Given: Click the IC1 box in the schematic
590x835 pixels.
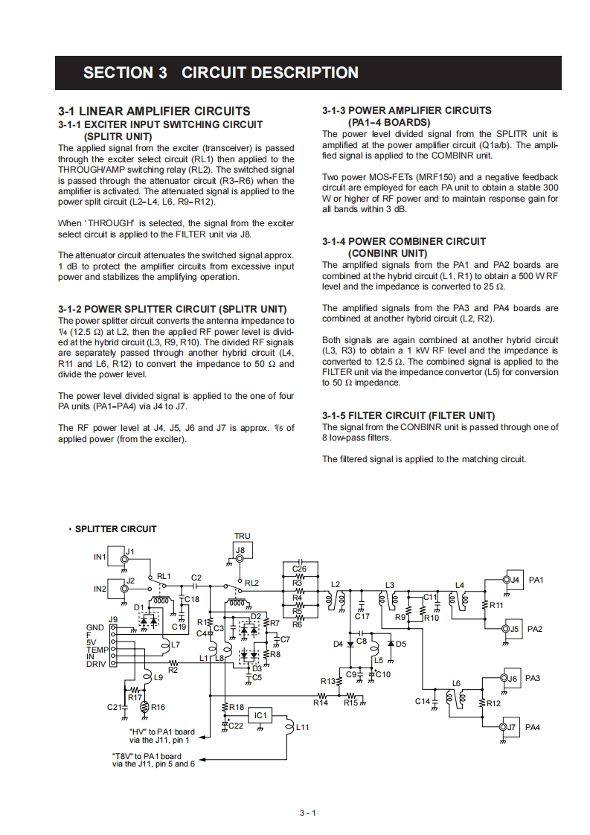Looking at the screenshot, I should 260,715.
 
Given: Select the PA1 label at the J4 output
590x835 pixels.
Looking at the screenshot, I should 536,579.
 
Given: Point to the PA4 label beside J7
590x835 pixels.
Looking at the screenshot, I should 533,726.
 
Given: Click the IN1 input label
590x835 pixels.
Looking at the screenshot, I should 100,557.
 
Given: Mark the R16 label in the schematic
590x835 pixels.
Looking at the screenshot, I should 158,708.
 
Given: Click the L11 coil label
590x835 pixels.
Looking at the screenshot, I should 302,726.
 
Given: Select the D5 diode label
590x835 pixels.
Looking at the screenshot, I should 401,644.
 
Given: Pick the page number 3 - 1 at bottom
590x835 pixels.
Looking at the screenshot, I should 308,813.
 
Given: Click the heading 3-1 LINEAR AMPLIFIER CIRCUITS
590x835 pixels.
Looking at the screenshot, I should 154,111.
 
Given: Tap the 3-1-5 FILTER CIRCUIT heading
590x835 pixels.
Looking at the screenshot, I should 408,415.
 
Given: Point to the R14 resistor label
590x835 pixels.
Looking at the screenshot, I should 320,703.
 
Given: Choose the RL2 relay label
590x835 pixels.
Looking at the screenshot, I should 251,583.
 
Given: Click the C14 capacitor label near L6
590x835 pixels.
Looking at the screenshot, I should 422,701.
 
